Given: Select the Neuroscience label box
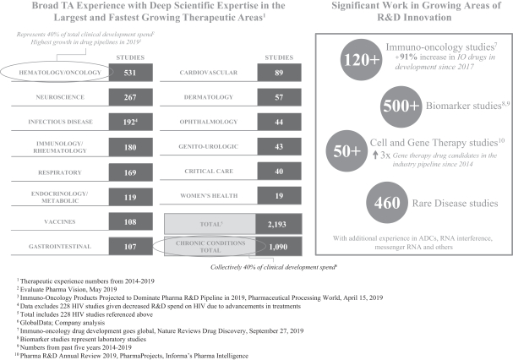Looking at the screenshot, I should point(55,96).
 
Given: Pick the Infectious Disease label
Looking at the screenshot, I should point(55,121).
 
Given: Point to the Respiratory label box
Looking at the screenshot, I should point(55,172).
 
